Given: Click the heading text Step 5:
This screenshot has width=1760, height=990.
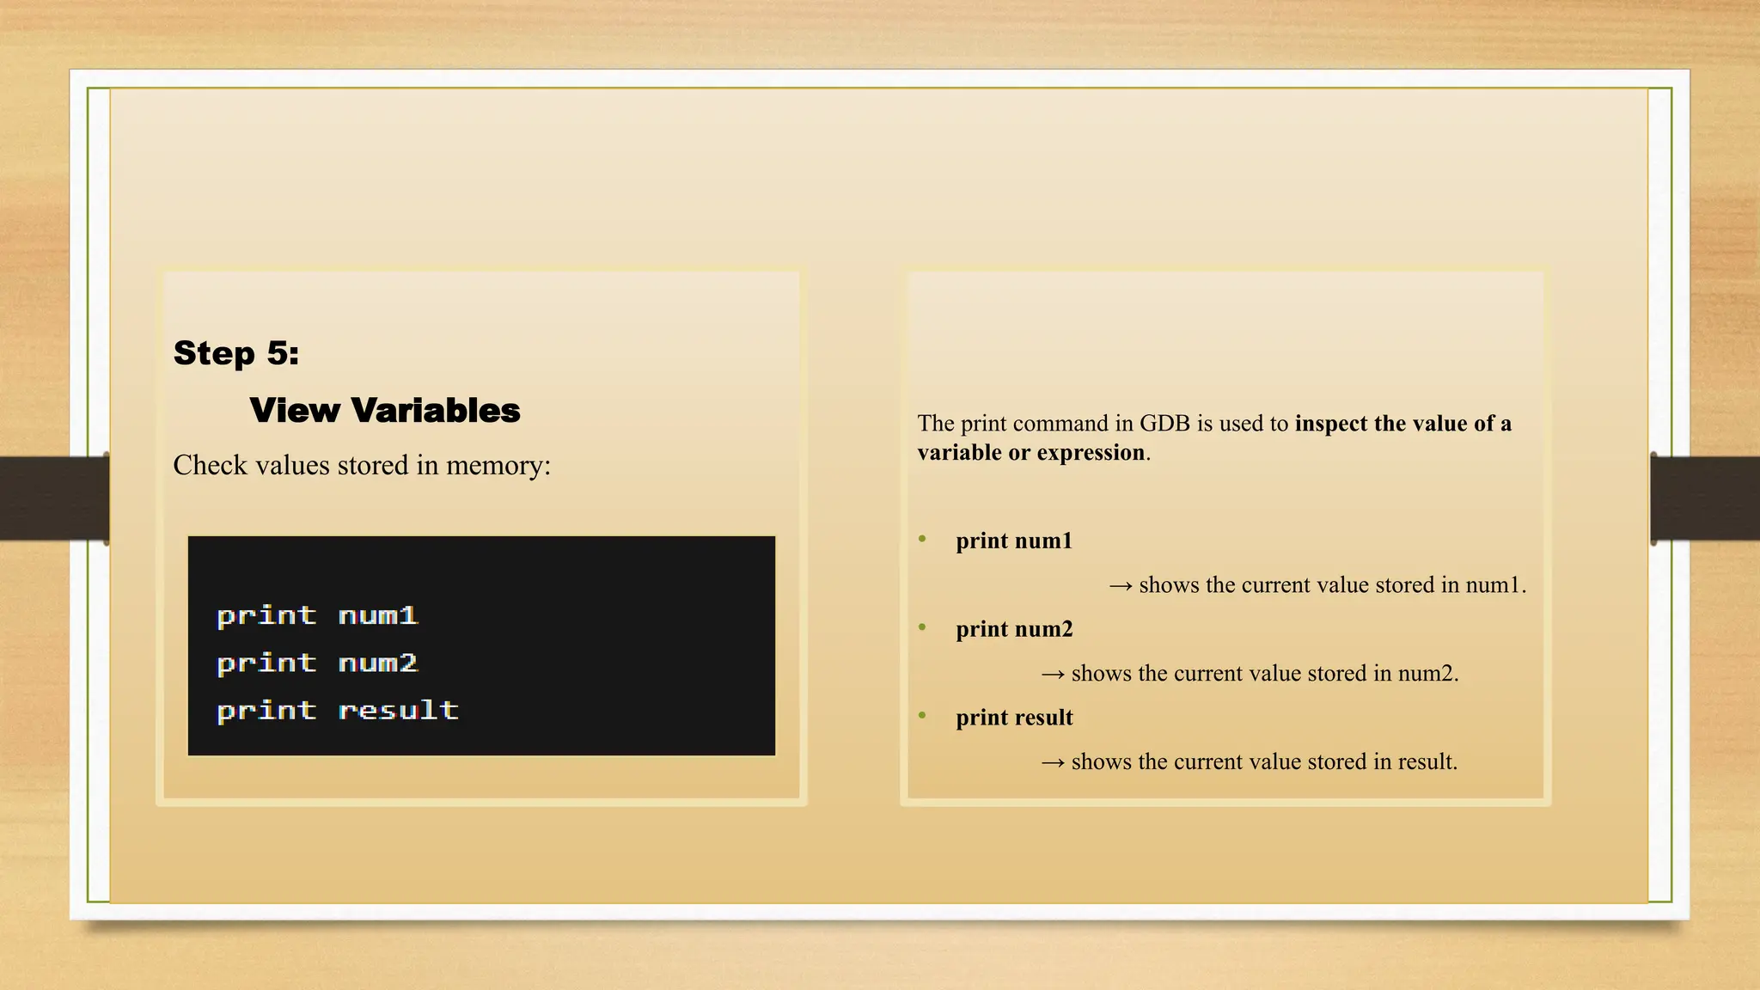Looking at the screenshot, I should [235, 353].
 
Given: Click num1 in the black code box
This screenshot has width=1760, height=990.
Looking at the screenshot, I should [378, 615].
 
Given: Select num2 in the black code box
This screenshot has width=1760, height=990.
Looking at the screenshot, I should [378, 663].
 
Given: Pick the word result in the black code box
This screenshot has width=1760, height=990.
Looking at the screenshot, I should [398, 710].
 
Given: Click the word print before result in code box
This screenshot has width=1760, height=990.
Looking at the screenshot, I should [266, 710].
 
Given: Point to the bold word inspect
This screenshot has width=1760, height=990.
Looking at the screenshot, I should [1331, 424].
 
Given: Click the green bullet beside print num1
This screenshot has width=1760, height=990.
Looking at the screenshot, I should [922, 539].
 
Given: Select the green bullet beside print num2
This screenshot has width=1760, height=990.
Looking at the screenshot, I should [922, 627].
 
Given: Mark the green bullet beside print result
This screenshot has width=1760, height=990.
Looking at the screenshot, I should [922, 715].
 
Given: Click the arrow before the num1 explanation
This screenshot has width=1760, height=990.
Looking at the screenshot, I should [1120, 586].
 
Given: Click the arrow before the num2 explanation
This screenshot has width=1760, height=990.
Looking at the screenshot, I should [1053, 675].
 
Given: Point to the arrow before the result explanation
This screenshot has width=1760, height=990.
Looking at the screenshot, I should [1053, 762].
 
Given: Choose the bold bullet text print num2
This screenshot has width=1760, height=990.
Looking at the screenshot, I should [1014, 629].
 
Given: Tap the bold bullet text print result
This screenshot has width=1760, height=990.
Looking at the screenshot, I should [1014, 718].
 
